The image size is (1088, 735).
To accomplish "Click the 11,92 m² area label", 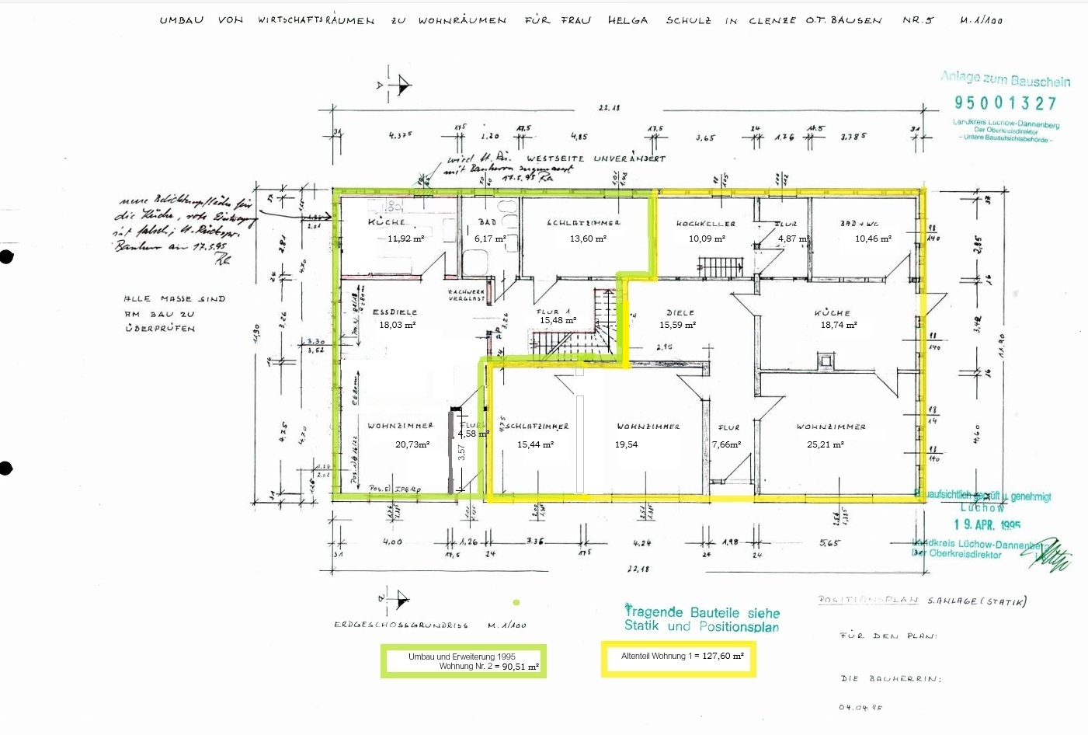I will (405, 239).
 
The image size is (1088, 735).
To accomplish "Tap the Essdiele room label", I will (395, 312).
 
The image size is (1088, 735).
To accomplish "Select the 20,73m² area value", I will (412, 444).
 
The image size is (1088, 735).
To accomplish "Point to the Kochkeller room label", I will (705, 224).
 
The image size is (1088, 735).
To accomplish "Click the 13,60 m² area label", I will (588, 239).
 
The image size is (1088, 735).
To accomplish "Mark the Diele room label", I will (680, 312).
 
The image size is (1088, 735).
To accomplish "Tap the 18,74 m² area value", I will (839, 325).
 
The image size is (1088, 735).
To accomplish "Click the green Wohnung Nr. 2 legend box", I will (463, 661).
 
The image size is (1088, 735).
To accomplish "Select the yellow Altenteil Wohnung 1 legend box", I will (678, 659).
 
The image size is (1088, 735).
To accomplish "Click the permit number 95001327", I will (1006, 103).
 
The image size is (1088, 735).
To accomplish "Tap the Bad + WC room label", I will (860, 224).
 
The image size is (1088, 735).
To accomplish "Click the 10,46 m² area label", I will (873, 239).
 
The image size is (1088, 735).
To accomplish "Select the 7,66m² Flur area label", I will (726, 444).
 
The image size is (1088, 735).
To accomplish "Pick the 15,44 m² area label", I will (535, 444).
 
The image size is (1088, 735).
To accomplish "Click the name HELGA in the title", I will (627, 20).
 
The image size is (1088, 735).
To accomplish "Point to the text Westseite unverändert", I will (596, 158).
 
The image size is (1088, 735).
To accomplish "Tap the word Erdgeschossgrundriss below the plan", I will (401, 625).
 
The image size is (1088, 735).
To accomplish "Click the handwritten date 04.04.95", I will (860, 707).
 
